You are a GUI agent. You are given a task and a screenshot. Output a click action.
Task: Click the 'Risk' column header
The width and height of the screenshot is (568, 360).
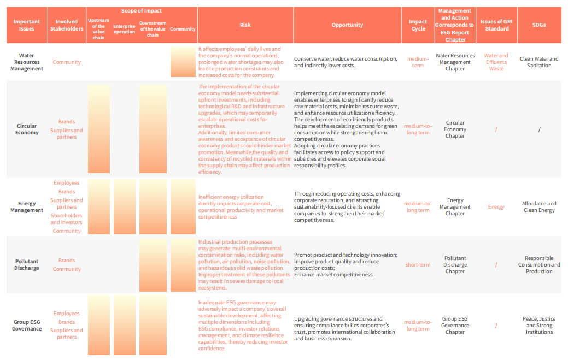click(x=245, y=25)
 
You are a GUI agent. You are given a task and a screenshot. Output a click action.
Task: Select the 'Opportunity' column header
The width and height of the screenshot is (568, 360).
click(x=347, y=25)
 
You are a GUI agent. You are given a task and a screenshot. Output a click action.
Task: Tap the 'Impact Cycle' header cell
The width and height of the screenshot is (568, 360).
click(x=418, y=25)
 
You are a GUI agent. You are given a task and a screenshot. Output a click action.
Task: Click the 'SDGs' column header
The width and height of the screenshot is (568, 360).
click(x=539, y=25)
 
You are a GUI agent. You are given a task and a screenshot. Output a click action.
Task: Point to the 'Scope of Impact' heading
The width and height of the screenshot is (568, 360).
click(x=141, y=11)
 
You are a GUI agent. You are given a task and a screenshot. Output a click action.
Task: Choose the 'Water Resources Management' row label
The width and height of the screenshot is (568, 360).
click(x=26, y=62)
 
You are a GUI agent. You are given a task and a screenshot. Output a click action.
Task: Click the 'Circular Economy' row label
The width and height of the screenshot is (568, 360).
click(x=27, y=129)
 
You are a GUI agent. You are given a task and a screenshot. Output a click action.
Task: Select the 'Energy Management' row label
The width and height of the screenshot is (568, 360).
click(x=27, y=206)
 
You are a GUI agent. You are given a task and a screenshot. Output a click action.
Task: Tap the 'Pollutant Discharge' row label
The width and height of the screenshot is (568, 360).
click(x=27, y=264)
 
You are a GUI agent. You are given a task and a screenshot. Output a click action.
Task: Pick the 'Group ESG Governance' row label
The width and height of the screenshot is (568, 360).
click(x=27, y=325)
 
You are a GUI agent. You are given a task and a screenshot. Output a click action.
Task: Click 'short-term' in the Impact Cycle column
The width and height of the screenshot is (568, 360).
click(x=418, y=265)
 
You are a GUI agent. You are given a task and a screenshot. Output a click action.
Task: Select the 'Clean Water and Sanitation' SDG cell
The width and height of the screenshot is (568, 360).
click(x=539, y=62)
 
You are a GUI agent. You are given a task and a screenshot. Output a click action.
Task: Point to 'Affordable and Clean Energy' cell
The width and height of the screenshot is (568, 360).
click(x=539, y=206)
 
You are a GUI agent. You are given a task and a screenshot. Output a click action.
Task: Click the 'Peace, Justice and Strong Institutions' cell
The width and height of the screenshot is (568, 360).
click(x=539, y=325)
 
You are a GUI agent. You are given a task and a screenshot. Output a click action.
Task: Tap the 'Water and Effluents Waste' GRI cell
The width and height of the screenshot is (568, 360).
click(x=496, y=62)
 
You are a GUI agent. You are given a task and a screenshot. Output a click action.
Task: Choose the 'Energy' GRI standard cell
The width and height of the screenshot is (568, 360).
click(x=496, y=207)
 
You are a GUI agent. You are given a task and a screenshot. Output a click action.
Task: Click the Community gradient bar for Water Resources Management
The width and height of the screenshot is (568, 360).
click(x=183, y=62)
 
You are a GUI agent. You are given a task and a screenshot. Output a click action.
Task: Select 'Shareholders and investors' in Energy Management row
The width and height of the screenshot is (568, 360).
click(x=67, y=219)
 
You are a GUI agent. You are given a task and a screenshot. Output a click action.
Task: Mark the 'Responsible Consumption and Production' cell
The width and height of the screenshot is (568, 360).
click(x=539, y=264)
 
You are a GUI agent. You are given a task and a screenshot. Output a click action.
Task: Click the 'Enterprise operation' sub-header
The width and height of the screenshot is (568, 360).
click(x=124, y=28)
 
